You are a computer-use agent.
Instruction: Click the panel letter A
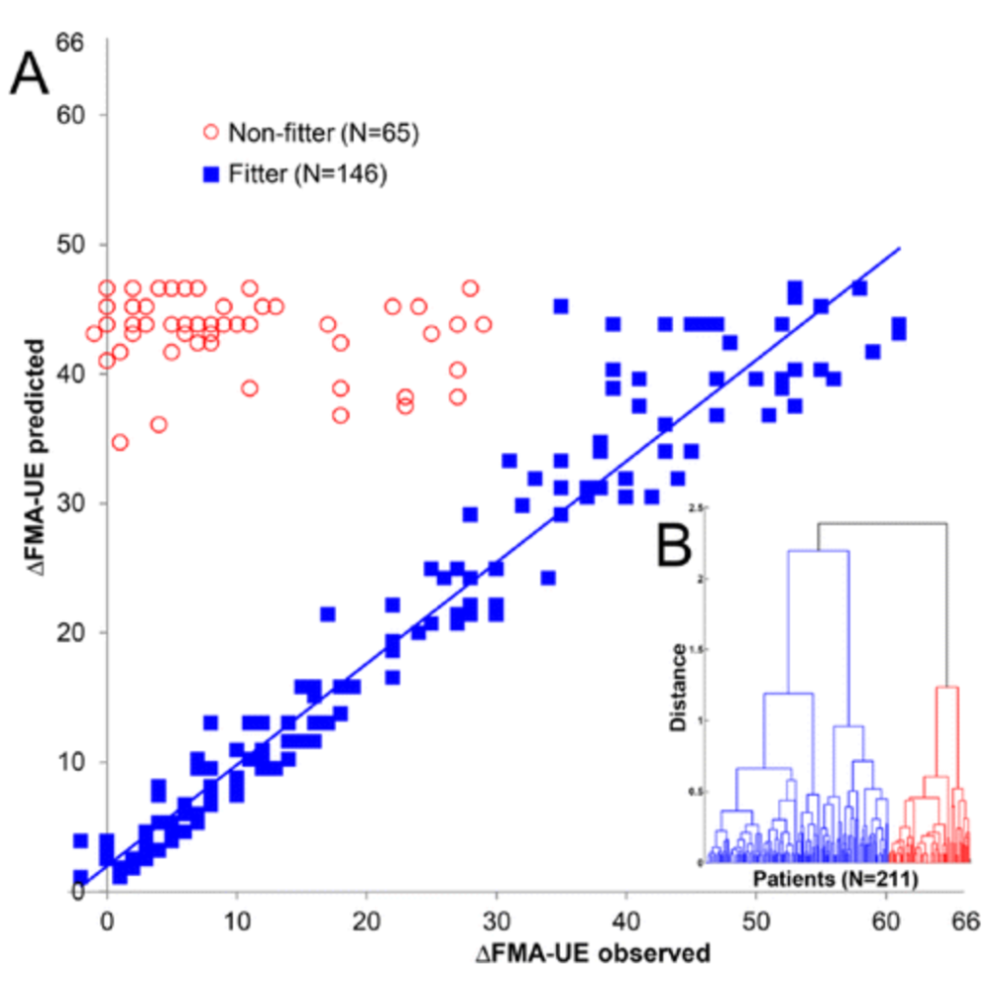coord(29,77)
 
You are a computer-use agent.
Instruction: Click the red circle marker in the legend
coord(209,132)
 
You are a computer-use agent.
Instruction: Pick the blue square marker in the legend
coord(209,175)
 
